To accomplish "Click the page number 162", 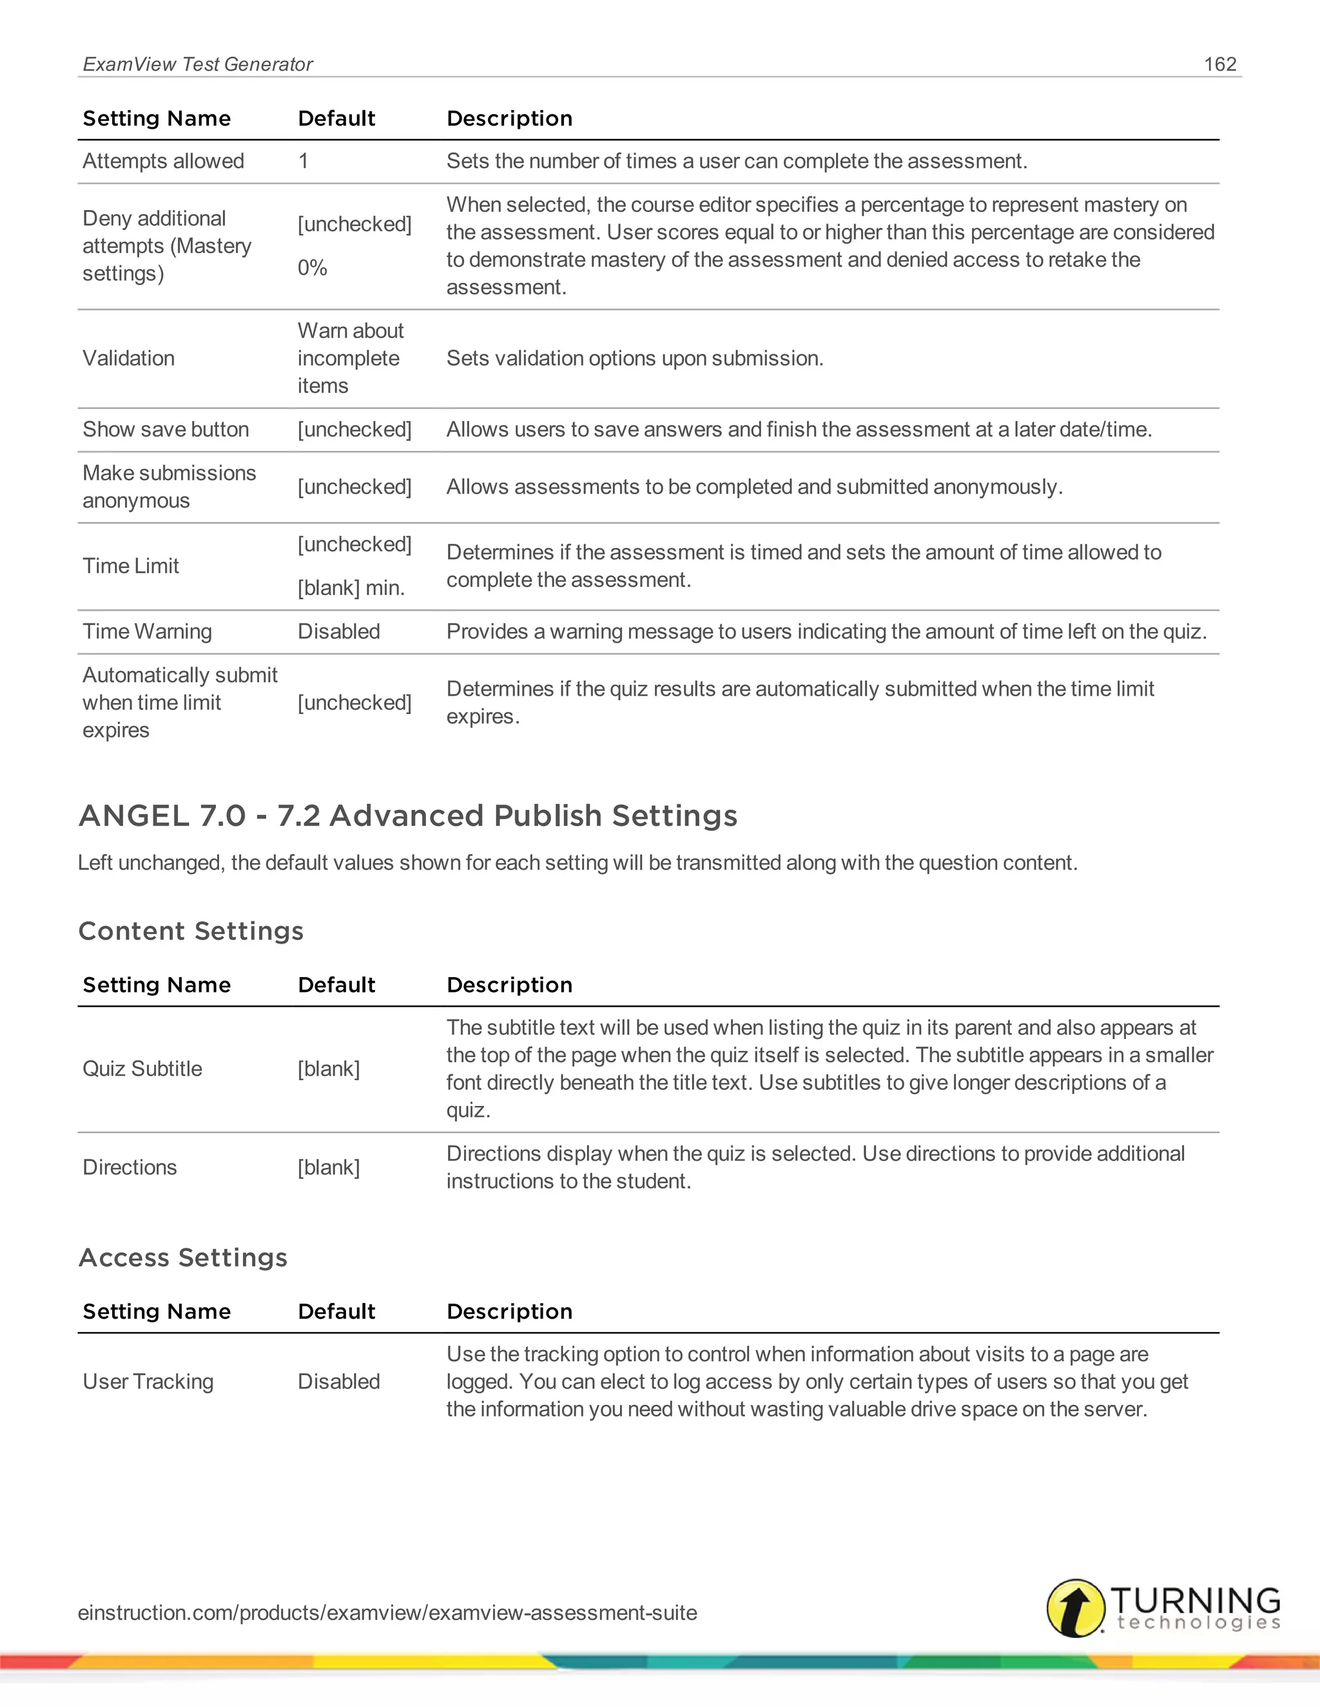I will pos(1220,64).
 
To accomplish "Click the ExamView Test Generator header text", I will pos(198,64).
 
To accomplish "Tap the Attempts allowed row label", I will pos(164,161).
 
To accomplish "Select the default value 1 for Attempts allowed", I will pos(304,161).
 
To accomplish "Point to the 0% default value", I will pos(312,268).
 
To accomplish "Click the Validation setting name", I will pos(129,359).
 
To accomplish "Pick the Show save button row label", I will pos(166,430).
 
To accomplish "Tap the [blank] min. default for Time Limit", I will pos(351,587).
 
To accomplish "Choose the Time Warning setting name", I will pos(147,631).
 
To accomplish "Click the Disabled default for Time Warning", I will pos(338,631).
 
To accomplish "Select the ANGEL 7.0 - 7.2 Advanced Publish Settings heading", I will pos(408,816).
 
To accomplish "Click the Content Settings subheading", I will pos(191,931).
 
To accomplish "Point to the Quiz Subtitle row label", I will pos(142,1069).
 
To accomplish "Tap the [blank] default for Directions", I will pos(329,1168).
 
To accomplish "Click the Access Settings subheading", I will pos(183,1257).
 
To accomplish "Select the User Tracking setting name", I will pos(148,1382).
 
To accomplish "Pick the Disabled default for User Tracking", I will pos(338,1382).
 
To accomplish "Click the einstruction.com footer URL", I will pos(387,1612).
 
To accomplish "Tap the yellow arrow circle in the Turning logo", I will pos(1075,1608).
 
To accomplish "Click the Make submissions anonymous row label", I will pos(169,487).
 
